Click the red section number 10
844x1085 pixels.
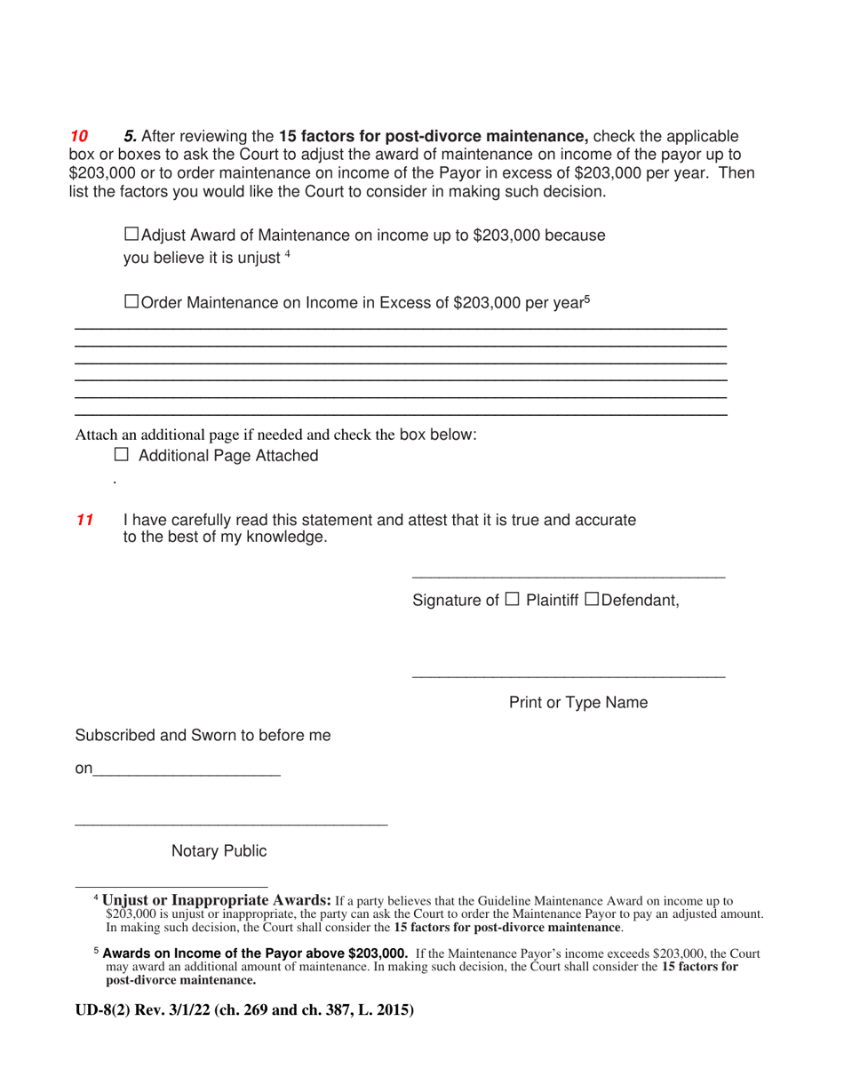79,137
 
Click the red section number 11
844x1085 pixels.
84,521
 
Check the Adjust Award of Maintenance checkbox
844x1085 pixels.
131,235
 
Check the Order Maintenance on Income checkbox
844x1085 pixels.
131,302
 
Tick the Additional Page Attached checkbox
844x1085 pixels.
122,455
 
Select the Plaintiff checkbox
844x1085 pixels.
513,599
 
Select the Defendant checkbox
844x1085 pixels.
593,599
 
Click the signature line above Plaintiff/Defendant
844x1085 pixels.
569,578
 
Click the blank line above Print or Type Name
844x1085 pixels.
569,678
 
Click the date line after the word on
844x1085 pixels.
187,777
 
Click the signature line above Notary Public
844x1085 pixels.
231,826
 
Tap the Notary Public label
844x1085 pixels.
219,851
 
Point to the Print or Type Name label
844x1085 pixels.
577,703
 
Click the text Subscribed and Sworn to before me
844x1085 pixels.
203,736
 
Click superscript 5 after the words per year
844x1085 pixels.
586,299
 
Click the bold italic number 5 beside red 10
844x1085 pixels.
130,137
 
